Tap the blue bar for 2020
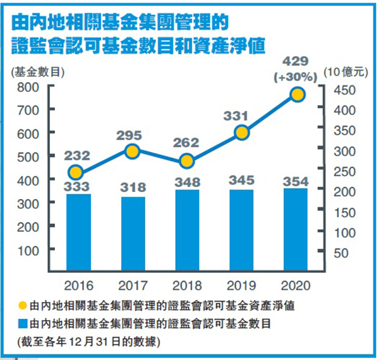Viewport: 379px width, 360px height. click(x=295, y=230)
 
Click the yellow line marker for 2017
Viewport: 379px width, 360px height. click(x=131, y=152)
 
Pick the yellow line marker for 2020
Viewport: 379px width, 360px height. click(x=298, y=95)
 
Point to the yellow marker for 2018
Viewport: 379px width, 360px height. click(x=186, y=162)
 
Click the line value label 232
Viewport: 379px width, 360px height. click(x=77, y=155)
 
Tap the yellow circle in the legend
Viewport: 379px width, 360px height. click(x=22, y=306)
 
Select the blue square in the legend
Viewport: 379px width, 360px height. click(x=22, y=324)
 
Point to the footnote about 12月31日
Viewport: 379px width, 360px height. click(x=89, y=342)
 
